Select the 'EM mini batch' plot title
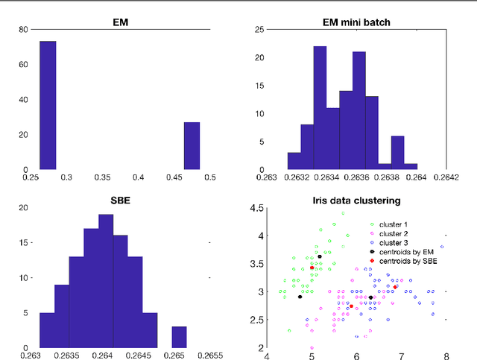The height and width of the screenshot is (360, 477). (x=357, y=22)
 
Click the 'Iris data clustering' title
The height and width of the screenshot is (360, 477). (x=357, y=200)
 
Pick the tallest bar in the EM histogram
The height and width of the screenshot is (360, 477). (x=48, y=105)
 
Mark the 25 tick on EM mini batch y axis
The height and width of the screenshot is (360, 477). (x=261, y=30)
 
